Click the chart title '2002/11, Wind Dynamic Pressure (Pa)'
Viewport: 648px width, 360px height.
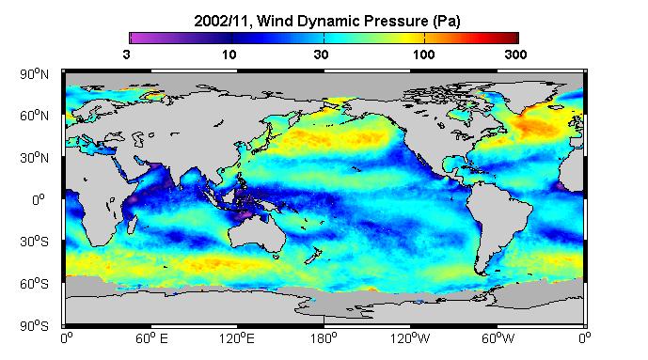point(327,21)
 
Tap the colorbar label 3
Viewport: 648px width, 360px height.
point(126,55)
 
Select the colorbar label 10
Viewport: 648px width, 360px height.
point(229,55)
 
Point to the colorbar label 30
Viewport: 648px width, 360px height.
point(321,55)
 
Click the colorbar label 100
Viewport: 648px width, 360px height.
point(423,55)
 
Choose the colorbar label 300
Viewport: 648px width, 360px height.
point(515,55)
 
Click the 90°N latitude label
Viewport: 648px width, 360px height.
point(34,74)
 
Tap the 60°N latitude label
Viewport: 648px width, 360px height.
point(34,116)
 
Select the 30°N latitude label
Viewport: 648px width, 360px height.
point(34,158)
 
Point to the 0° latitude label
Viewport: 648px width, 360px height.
point(38,200)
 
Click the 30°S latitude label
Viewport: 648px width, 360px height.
point(34,242)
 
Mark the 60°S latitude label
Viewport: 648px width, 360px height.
point(34,284)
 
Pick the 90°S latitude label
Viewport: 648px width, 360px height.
point(34,326)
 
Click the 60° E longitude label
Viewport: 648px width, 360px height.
point(152,339)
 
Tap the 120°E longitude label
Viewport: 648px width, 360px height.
point(237,339)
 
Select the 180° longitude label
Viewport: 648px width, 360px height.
point(324,339)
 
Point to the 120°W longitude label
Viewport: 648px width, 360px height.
point(410,339)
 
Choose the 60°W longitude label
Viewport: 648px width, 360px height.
point(498,339)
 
